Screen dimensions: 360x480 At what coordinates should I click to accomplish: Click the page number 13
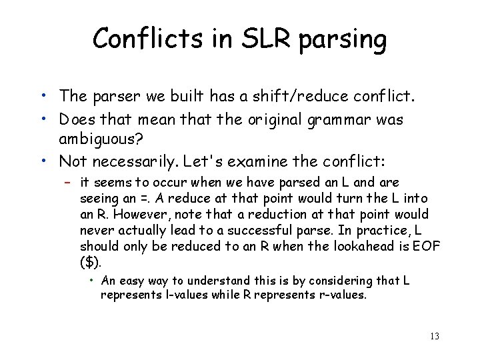pyautogui.click(x=434, y=336)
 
